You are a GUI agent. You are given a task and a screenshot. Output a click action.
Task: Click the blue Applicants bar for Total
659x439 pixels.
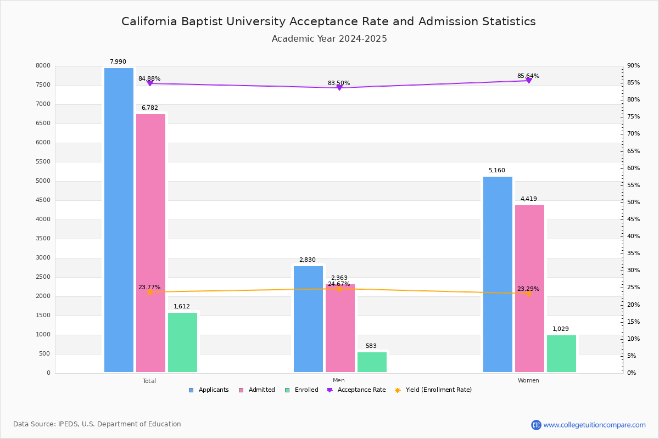119,219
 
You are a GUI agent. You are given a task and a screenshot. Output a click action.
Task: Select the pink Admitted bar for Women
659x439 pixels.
529,288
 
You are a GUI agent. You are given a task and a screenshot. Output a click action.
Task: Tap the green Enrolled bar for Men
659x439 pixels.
372,362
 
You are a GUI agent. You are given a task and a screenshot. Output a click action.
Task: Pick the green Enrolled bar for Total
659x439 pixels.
182,342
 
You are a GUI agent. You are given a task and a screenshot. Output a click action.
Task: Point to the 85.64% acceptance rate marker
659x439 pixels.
529,81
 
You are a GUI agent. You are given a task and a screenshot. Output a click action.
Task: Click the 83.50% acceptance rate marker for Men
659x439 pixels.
339,88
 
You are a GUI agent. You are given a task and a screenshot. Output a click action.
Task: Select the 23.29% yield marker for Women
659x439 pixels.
529,294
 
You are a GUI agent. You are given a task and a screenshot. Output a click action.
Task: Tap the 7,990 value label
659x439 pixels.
118,62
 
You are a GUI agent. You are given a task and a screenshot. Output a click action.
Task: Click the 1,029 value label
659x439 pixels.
561,329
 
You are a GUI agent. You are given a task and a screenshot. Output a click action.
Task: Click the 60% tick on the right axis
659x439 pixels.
633,168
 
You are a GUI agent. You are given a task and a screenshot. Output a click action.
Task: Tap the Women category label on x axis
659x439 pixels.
528,381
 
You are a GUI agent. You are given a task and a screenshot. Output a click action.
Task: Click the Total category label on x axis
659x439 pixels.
149,381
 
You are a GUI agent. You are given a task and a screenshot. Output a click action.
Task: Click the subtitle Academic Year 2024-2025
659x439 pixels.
329,39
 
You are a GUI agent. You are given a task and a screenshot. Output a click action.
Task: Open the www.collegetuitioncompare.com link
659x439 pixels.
594,425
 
